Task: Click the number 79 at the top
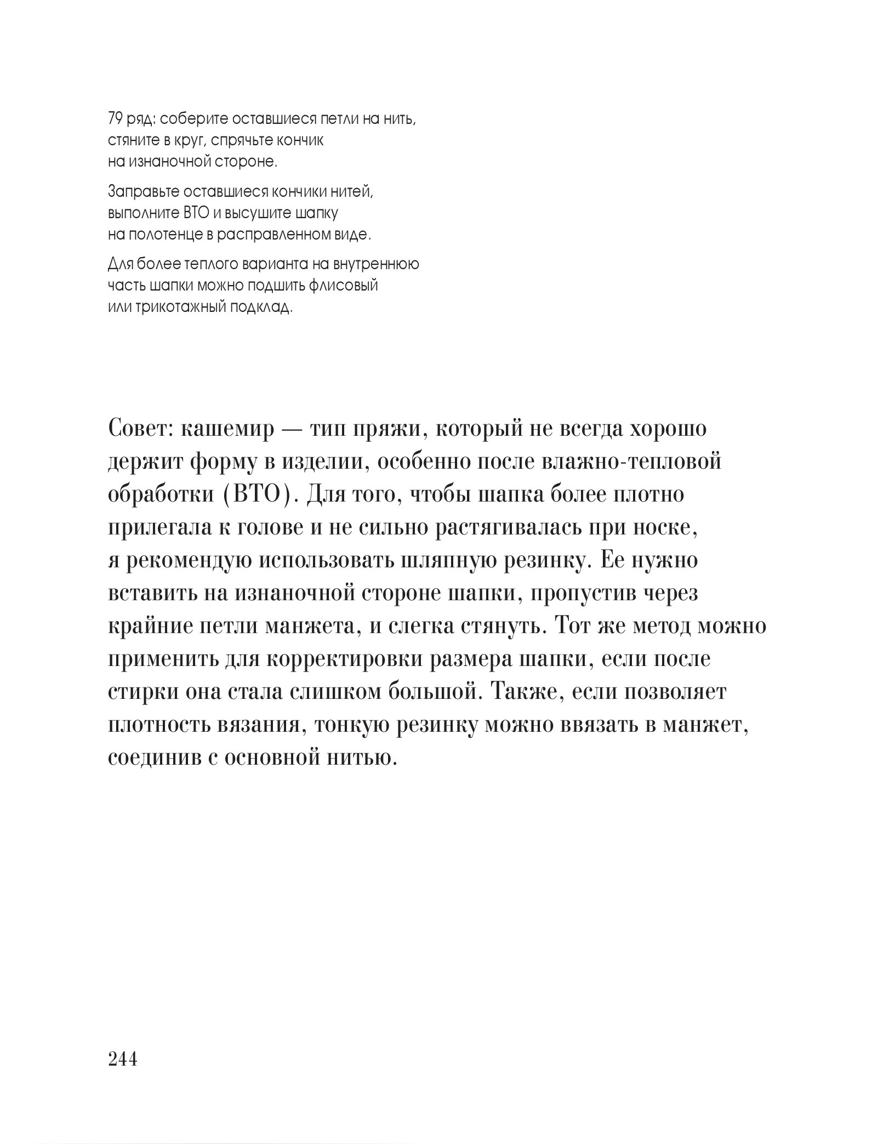(115, 118)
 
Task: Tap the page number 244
(123, 1060)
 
